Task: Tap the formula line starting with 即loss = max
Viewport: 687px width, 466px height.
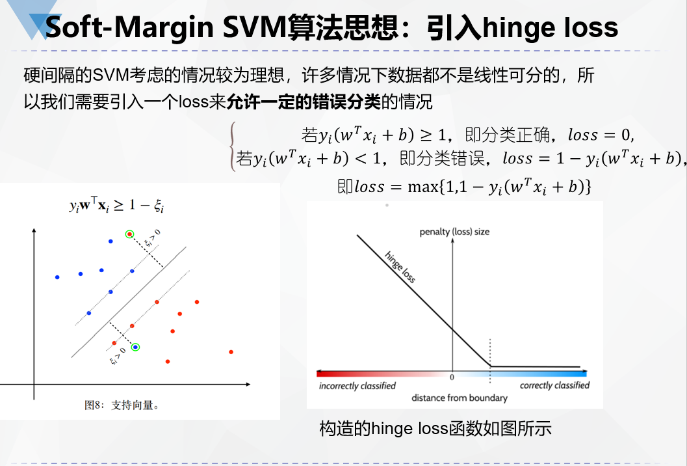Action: (x=464, y=187)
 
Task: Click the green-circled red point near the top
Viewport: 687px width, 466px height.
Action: (x=129, y=234)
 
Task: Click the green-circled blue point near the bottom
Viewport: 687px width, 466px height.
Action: (x=135, y=347)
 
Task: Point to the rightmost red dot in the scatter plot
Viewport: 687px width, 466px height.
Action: (x=231, y=352)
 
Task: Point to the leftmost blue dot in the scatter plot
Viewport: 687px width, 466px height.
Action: (x=57, y=277)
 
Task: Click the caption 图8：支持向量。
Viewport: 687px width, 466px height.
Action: (x=123, y=405)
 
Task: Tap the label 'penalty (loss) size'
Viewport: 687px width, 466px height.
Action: (x=454, y=232)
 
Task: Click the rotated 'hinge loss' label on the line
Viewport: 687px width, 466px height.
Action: (x=400, y=267)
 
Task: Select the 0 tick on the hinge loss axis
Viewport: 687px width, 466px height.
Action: (x=452, y=377)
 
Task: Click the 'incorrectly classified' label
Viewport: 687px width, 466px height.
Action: (x=357, y=386)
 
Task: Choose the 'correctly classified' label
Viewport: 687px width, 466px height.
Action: (x=554, y=385)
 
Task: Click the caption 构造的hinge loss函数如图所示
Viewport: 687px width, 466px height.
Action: (x=435, y=429)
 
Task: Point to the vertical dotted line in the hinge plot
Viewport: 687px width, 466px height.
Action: (x=489, y=351)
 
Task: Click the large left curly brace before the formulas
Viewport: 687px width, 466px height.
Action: (x=231, y=147)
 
